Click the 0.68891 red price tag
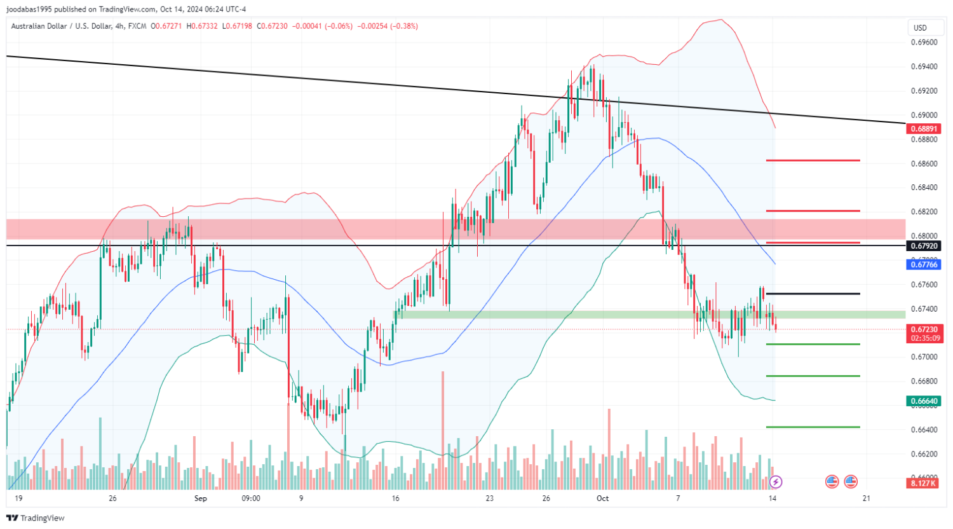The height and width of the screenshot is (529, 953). (x=923, y=128)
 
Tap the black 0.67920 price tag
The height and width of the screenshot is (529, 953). (x=923, y=246)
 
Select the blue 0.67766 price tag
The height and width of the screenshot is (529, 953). (x=923, y=264)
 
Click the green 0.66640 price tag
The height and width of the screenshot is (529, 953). (x=923, y=401)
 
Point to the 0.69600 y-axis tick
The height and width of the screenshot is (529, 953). (x=924, y=43)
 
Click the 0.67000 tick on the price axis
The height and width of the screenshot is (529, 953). (x=924, y=357)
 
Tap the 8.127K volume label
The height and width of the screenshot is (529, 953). (x=923, y=483)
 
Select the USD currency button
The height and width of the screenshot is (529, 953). (x=920, y=28)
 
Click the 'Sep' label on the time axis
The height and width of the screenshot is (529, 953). (x=201, y=498)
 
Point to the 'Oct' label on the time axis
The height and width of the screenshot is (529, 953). (x=602, y=498)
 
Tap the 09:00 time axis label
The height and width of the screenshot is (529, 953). (x=251, y=498)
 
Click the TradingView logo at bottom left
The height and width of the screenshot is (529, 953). (x=36, y=518)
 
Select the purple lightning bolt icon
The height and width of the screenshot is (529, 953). (x=775, y=482)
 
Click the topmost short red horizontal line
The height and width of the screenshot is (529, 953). (x=813, y=161)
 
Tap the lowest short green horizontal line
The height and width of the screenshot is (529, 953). (x=813, y=427)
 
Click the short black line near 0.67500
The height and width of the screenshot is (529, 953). (x=813, y=294)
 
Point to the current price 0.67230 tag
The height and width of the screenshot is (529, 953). (x=923, y=329)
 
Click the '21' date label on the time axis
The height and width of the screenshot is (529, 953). (x=866, y=498)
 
